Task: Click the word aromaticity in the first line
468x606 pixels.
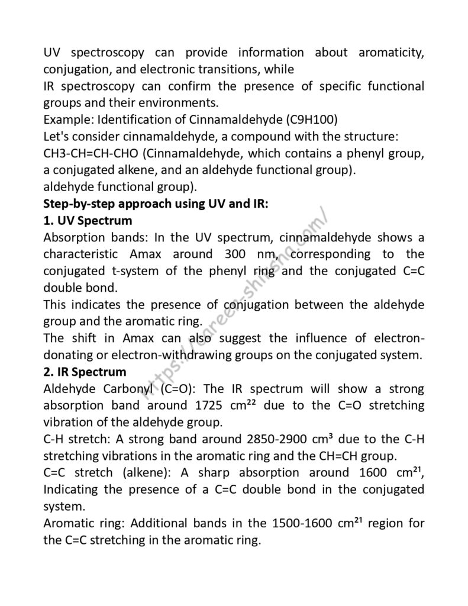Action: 391,53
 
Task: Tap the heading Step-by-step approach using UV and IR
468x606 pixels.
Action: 156,204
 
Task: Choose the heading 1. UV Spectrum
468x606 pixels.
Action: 88,221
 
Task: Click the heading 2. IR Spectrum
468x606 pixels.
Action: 85,372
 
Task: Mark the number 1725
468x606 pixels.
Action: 211,406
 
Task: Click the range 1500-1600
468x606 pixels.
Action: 306,523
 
